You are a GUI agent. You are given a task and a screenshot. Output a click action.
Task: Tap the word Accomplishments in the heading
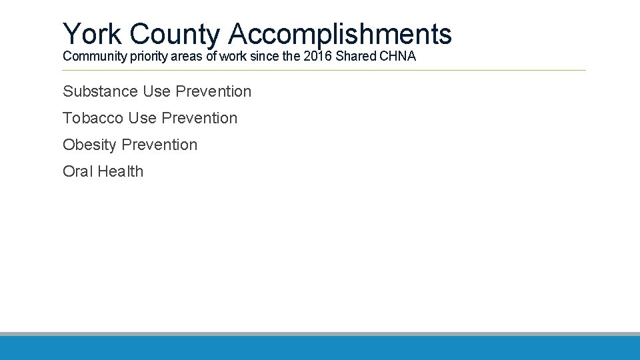click(x=340, y=33)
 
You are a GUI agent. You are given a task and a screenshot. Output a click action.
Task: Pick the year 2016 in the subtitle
click(x=318, y=57)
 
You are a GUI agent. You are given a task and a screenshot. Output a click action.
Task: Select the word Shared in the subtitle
click(x=357, y=57)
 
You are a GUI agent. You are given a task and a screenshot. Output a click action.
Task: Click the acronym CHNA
click(x=398, y=57)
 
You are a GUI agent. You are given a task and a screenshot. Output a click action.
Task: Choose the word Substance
click(x=101, y=91)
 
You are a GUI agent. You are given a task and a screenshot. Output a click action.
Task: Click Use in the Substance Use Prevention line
click(x=157, y=91)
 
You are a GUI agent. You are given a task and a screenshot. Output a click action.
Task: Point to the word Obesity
click(x=90, y=145)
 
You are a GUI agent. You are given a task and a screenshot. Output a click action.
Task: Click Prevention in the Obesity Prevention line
click(x=160, y=145)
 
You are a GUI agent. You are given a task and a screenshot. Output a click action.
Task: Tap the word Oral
click(x=78, y=171)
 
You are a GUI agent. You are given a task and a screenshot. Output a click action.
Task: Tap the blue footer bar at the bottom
click(x=320, y=348)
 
